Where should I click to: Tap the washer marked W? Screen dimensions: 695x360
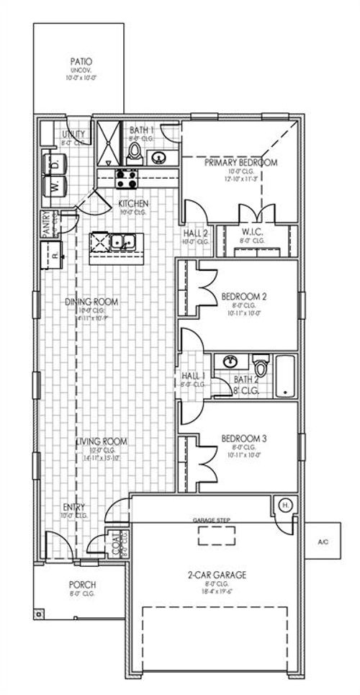[55, 186]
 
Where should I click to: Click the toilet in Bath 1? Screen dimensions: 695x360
[135, 152]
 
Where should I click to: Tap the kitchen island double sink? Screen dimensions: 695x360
[122, 242]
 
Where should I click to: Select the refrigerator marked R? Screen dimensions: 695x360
[55, 254]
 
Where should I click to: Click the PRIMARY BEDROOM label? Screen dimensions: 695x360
[240, 163]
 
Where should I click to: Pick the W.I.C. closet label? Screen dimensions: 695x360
[256, 232]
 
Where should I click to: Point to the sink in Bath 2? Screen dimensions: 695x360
[231, 361]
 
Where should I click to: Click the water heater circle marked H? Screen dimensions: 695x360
[284, 505]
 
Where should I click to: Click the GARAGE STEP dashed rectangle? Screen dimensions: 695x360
[215, 534]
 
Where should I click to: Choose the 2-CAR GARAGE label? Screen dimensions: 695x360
[216, 575]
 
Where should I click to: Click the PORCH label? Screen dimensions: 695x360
[83, 584]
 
